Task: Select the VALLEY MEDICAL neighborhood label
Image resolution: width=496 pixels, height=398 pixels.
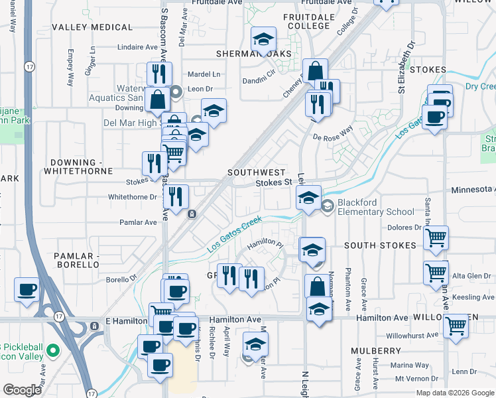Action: [x=92, y=27]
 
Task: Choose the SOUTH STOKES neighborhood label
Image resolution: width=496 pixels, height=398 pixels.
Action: [x=380, y=245]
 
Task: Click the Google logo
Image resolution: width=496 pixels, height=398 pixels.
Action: [x=23, y=390]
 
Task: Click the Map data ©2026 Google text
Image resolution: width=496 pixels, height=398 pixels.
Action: [x=456, y=393]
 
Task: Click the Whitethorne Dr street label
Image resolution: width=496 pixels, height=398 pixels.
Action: [x=132, y=197]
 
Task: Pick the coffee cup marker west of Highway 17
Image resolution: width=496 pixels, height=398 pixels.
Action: [x=27, y=289]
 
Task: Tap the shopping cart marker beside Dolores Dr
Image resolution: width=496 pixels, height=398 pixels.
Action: [x=436, y=237]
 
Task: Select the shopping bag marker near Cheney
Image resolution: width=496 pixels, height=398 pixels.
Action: [x=316, y=70]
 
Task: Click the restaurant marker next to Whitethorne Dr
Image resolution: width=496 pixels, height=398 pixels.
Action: [x=176, y=196]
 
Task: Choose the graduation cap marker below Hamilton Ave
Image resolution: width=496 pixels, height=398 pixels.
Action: [x=255, y=344]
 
